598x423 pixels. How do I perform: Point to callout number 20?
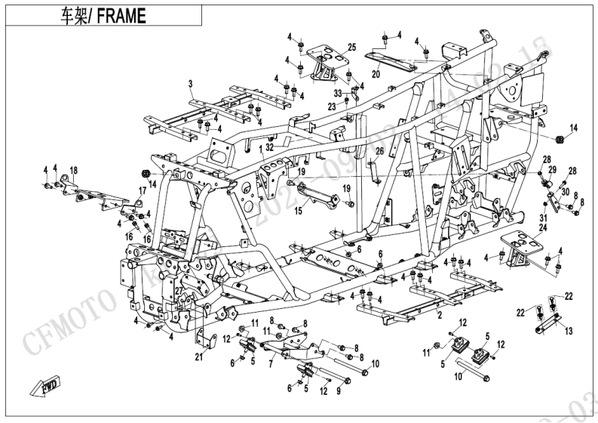376,75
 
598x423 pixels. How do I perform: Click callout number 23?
332,107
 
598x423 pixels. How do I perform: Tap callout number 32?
269,148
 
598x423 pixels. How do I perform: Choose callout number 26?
380,151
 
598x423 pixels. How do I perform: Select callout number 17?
140,191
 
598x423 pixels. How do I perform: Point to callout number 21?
198,357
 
